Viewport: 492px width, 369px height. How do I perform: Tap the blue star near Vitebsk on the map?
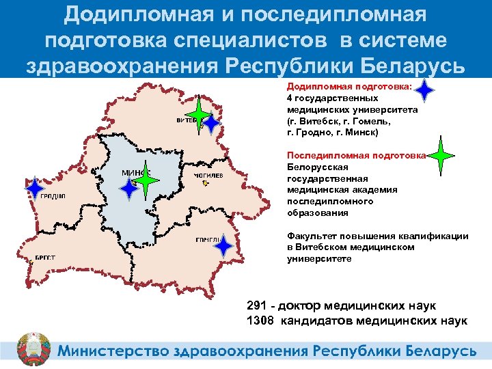pyautogui.click(x=212, y=124)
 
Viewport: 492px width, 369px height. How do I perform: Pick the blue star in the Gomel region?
pyautogui.click(x=223, y=246)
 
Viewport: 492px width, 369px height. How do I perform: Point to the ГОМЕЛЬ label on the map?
pyautogui.click(x=206, y=240)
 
